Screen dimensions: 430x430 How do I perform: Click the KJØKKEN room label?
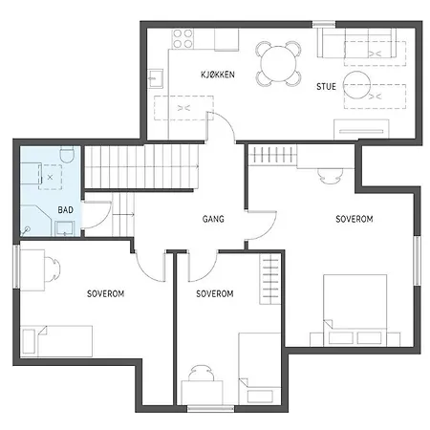[218, 75]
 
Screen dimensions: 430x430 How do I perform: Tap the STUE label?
[326, 86]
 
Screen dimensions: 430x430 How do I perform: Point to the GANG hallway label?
[213, 219]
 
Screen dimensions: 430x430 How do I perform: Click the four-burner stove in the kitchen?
[183, 38]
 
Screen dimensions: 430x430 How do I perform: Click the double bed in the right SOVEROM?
[354, 308]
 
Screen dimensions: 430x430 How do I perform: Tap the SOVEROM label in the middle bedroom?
[214, 293]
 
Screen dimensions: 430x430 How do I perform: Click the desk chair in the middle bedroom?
[201, 374]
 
